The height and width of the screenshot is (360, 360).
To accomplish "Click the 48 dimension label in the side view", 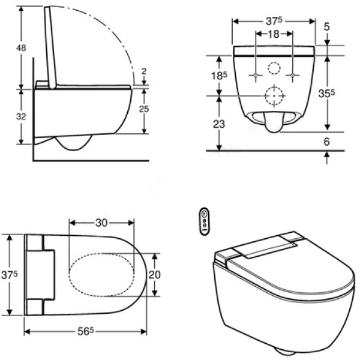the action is pos(21,48).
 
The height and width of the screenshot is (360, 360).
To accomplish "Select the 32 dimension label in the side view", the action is pos(21,116).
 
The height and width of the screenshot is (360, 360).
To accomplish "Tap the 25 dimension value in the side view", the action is pos(144,109).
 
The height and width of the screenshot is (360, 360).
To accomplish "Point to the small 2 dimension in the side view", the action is pos(144,71).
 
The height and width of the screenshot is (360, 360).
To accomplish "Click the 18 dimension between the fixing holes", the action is pos(274,34).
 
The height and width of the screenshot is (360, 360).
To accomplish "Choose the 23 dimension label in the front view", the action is pos(219,124).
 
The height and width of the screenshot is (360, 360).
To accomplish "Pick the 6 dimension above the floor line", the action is pos(327,142).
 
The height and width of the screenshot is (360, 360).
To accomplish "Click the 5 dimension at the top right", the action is pos(327,27).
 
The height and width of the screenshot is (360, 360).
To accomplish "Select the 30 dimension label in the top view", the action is pos(101,223).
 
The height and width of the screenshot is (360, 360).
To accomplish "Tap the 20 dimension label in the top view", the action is pos(155,274).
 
